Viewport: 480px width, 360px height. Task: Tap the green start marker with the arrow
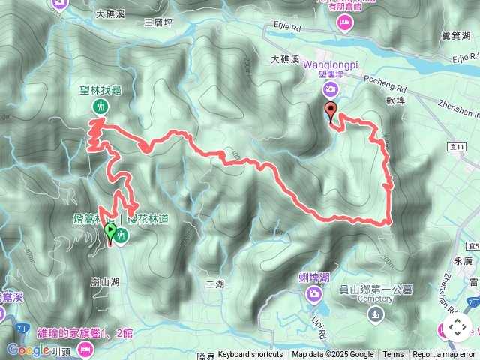pos(110,231)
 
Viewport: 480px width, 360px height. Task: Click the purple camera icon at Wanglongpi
pos(330,90)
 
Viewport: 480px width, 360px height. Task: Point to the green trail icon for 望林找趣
pos(98,107)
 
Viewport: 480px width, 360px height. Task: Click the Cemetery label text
pos(374,298)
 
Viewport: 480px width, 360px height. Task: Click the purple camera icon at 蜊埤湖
pos(313,293)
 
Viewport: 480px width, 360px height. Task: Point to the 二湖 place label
pos(214,283)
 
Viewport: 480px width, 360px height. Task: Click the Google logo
pos(28,350)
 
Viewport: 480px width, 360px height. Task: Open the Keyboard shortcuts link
pos(250,355)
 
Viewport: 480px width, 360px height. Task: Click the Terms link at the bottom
pos(393,355)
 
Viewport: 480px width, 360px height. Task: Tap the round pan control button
pos(457,327)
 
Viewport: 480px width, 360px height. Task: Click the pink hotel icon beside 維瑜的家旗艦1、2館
pos(85,348)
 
